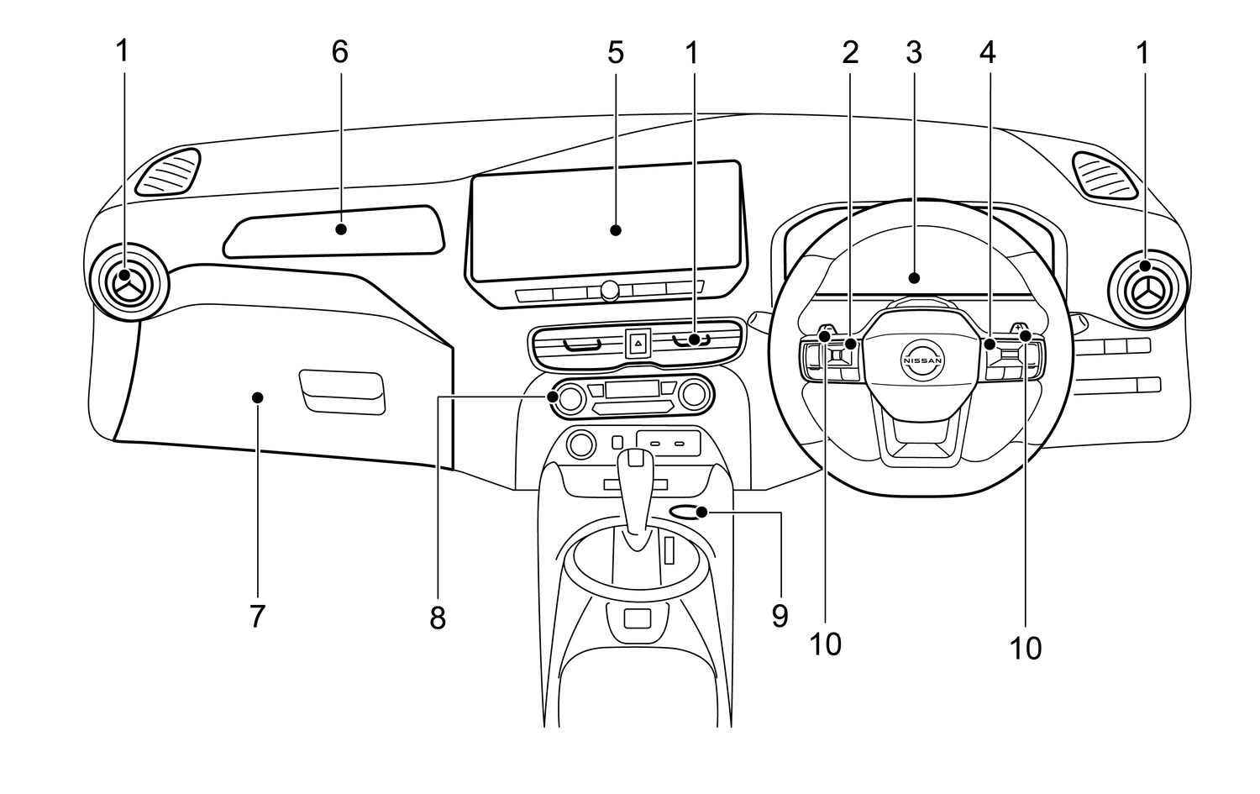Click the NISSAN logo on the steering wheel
point(922,360)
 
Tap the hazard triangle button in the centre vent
point(638,343)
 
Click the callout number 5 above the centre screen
point(616,53)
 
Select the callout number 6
point(339,52)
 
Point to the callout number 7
point(257,616)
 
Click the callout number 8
point(438,618)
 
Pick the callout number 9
point(780,616)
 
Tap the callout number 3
point(914,53)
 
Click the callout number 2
point(850,53)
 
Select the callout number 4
point(988,53)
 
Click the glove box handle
point(343,392)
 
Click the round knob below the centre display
point(609,291)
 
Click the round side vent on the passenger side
point(129,282)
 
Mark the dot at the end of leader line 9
point(701,512)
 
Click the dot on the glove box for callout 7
point(258,398)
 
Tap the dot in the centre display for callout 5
point(616,230)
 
